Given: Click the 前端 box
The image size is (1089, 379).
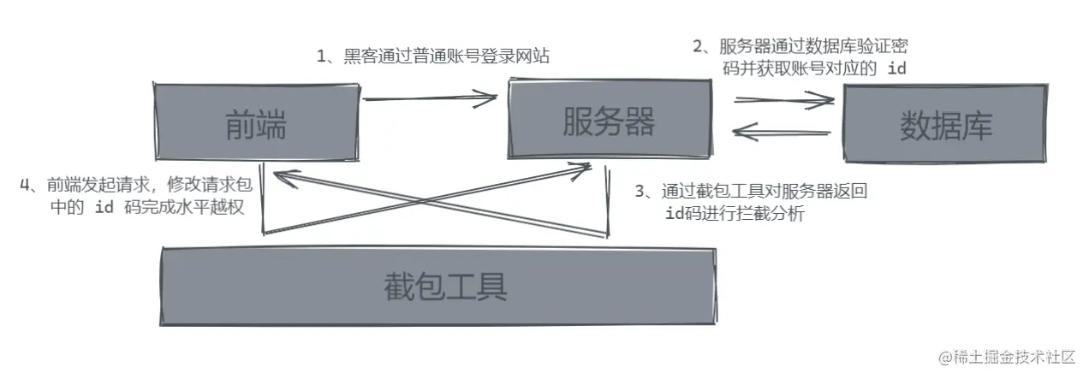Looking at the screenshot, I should (x=254, y=125).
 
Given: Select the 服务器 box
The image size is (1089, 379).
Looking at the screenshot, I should (x=608, y=122).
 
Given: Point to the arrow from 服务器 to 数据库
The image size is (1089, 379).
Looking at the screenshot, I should (x=783, y=101).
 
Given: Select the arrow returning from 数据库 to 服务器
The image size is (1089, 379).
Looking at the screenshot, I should (x=783, y=133).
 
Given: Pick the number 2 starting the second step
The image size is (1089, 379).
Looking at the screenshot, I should (x=698, y=47).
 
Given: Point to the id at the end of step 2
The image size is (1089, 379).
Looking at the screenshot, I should (x=896, y=69).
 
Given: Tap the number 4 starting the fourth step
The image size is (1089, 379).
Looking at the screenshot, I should (x=26, y=184).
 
